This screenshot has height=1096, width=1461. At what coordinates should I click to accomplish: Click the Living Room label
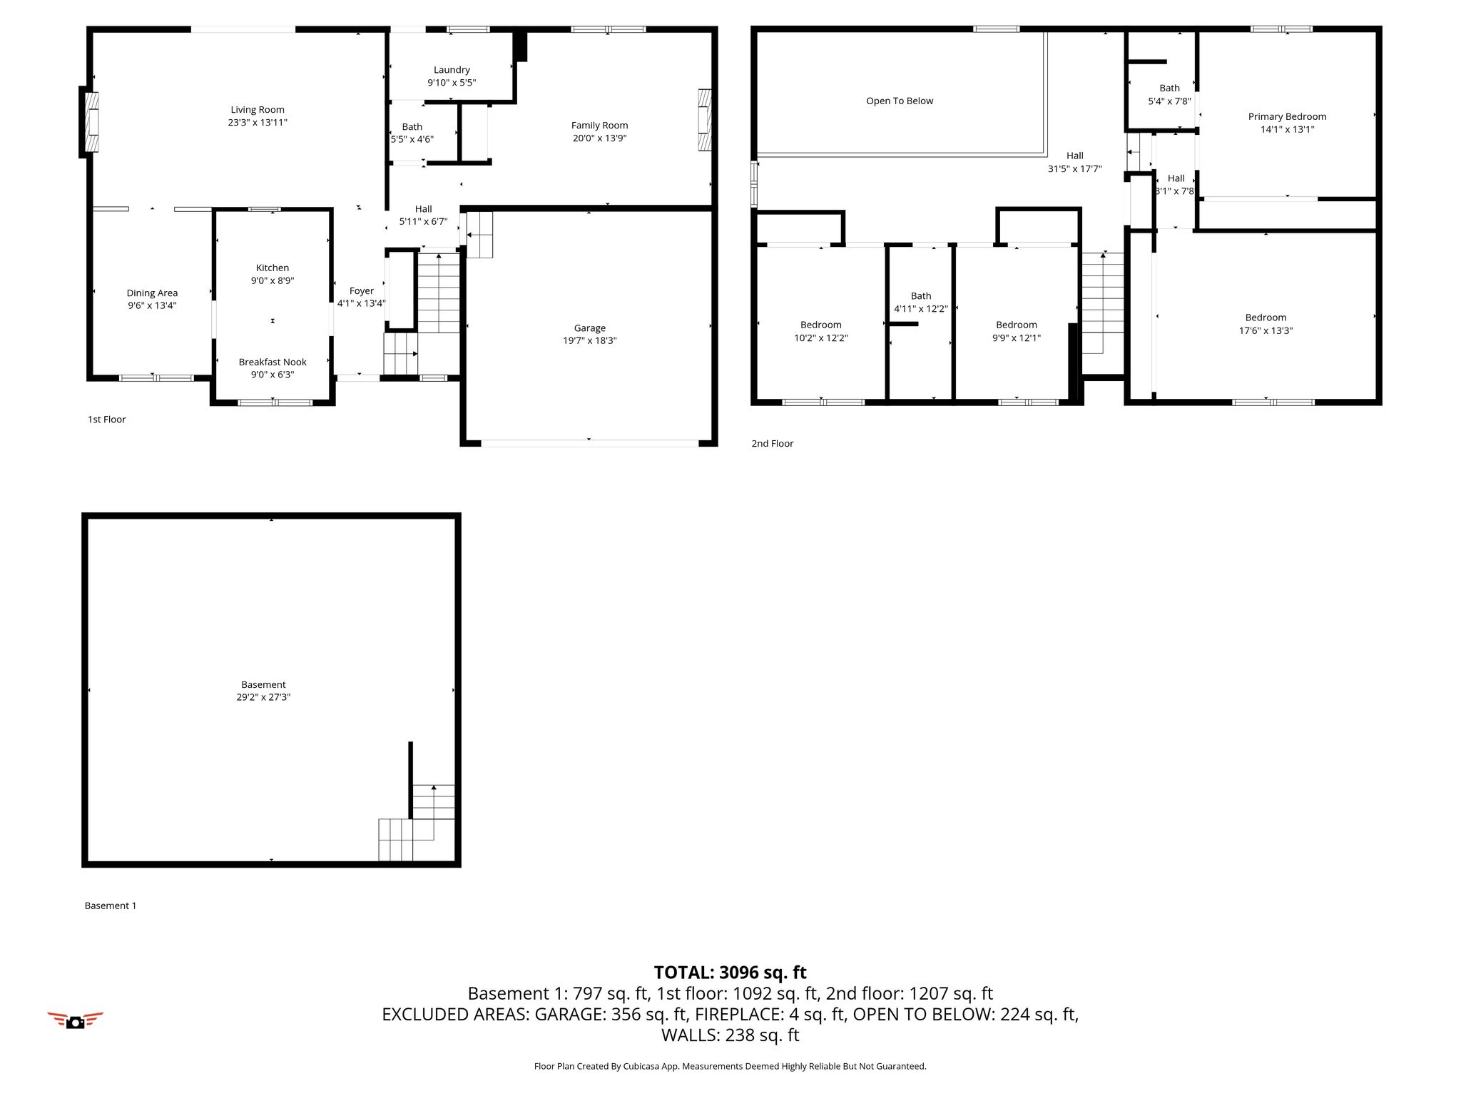coord(258,110)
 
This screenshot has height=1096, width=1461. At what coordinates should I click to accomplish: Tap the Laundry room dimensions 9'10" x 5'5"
coord(452,83)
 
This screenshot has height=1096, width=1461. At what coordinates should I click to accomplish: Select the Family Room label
coord(599,126)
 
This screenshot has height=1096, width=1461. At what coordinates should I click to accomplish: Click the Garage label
coord(590,328)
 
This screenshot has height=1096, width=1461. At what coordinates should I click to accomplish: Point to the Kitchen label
coord(273,268)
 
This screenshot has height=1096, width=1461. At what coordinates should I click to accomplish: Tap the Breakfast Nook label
coord(273,362)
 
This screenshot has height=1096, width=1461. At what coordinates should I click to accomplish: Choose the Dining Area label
coord(152,293)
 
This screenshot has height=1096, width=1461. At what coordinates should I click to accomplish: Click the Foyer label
coord(362,291)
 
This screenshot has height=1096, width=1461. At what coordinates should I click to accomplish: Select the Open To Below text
coord(900,101)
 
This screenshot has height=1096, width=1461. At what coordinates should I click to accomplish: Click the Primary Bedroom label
coord(1287,117)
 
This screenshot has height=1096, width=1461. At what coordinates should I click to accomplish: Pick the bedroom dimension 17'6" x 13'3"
coord(1266,331)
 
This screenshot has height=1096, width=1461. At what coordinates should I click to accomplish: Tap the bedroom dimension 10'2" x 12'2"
coord(821,338)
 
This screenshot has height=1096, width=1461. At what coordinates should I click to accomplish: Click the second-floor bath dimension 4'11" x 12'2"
coord(921,309)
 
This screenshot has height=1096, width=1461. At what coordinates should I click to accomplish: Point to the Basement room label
coord(263,685)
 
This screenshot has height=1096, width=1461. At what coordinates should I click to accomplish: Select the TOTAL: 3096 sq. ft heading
coord(730,973)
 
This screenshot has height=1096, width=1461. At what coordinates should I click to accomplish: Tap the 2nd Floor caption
coord(772,444)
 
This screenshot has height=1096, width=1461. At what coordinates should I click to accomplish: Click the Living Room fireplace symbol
coord(88,122)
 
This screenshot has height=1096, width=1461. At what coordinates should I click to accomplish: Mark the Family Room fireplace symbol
coord(704,120)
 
